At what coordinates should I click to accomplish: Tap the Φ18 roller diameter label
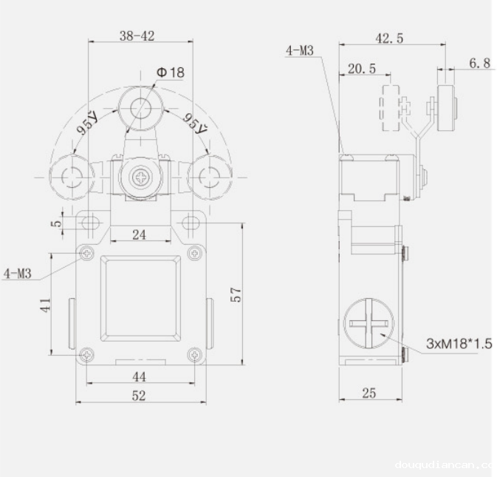click(170, 72)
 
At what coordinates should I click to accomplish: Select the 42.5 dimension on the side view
click(388, 38)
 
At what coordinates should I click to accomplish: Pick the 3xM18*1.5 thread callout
click(458, 344)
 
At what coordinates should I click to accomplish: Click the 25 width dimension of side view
click(369, 393)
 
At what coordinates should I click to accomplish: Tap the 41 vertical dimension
click(45, 304)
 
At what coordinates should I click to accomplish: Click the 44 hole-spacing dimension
click(139, 376)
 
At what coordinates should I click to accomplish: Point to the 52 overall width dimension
click(139, 396)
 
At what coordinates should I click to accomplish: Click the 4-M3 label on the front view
click(18, 274)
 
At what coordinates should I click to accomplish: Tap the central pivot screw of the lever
click(139, 177)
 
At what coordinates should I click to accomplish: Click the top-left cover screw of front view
click(87, 253)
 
